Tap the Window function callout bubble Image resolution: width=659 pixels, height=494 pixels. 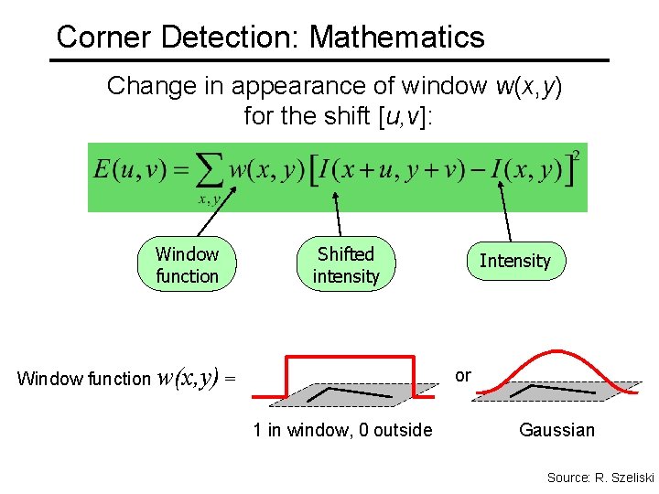pyautogui.click(x=187, y=265)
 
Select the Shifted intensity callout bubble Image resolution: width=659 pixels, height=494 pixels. pyautogui.click(x=346, y=265)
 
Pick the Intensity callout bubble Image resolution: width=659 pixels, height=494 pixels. pyautogui.click(x=514, y=261)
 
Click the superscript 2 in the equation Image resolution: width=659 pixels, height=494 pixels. pyautogui.click(x=576, y=156)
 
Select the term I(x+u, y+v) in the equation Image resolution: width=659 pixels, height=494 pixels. pyautogui.click(x=397, y=171)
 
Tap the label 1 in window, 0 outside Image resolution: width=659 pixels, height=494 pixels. pyautogui.click(x=342, y=430)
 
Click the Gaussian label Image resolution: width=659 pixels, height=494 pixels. pyautogui.click(x=556, y=430)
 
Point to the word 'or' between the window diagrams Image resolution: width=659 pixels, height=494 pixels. pyautogui.click(x=463, y=375)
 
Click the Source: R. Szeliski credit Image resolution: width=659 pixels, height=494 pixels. pyautogui.click(x=600, y=478)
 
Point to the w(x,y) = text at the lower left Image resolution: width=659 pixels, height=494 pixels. pyautogui.click(x=197, y=376)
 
